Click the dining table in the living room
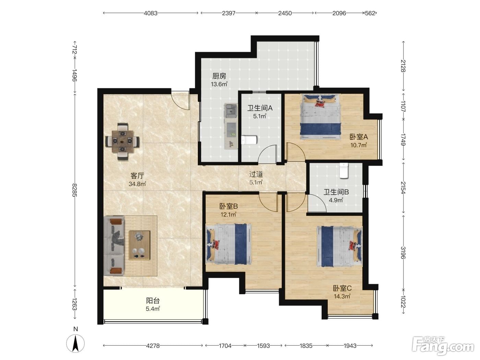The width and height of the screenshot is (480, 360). coord(122,141)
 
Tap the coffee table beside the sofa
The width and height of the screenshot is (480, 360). coord(139,245)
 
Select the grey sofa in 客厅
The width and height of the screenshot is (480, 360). coord(114,246)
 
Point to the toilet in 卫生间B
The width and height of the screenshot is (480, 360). coord(344,171)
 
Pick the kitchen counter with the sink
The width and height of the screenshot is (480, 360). coord(231,126)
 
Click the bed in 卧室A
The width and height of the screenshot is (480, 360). coord(320,117)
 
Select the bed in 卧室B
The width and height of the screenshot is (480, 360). coord(229,244)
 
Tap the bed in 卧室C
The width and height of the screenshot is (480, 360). coord(339,246)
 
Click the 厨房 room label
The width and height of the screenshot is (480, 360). coord(219,76)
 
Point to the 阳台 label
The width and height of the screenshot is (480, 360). coord(153,301)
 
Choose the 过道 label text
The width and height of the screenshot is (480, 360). coord(256,174)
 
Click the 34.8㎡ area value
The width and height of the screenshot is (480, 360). coord(137,184)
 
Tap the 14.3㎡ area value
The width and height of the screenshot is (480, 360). coord(342,296)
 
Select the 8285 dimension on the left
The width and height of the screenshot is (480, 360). coord(75,190)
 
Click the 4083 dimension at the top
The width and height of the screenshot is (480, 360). coord(151,13)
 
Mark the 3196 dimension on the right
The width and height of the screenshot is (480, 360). coord(403,253)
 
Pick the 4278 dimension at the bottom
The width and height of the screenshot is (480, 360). coord(153,346)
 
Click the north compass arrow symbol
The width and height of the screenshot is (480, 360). coord(75,344)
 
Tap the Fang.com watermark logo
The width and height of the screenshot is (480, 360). coord(443,346)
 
